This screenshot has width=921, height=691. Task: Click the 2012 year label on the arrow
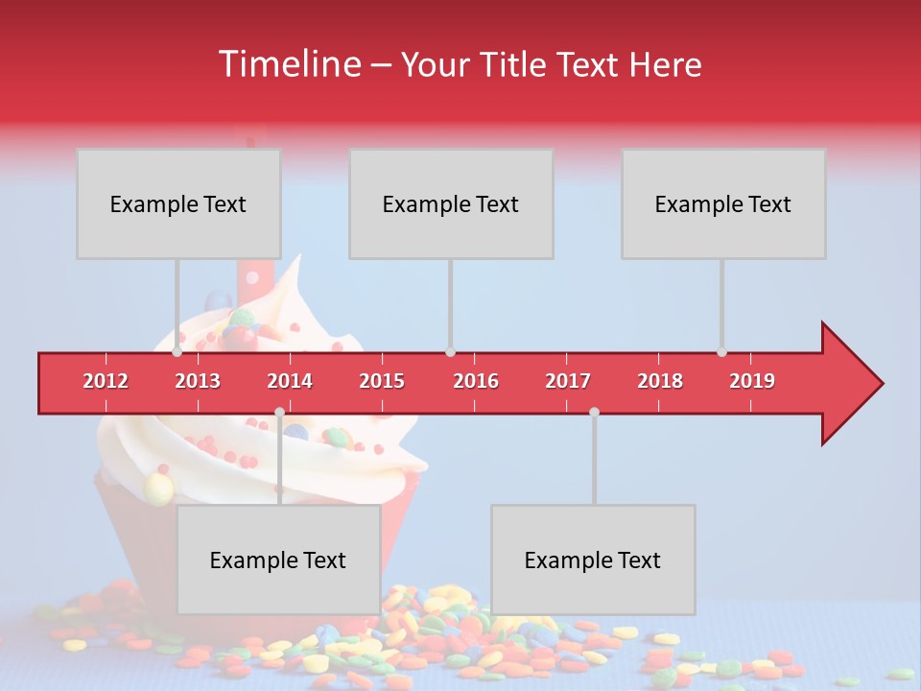click(x=106, y=381)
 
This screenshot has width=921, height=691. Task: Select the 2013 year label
click(x=198, y=381)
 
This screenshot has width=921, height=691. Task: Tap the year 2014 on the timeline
click(x=290, y=381)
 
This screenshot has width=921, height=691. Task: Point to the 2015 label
click(x=382, y=381)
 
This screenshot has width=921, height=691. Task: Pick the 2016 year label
click(x=476, y=381)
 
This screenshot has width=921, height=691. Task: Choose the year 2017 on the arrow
click(x=568, y=381)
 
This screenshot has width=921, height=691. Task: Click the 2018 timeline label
click(x=660, y=381)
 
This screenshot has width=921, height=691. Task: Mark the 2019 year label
click(x=752, y=381)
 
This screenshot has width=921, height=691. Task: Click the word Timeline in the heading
click(x=289, y=64)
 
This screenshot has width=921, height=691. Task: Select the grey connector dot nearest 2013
click(x=177, y=352)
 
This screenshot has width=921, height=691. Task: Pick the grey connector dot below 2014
click(x=279, y=412)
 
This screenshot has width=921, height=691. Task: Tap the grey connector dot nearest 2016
click(x=450, y=352)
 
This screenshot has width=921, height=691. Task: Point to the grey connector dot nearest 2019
click(x=721, y=352)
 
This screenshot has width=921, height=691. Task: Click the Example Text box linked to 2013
click(x=178, y=203)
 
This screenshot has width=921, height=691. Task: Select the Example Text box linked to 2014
click(x=278, y=560)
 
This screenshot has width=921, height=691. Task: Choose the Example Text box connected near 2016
click(x=451, y=203)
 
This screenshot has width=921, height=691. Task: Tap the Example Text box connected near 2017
click(x=593, y=560)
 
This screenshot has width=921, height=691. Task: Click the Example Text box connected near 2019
click(x=723, y=203)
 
